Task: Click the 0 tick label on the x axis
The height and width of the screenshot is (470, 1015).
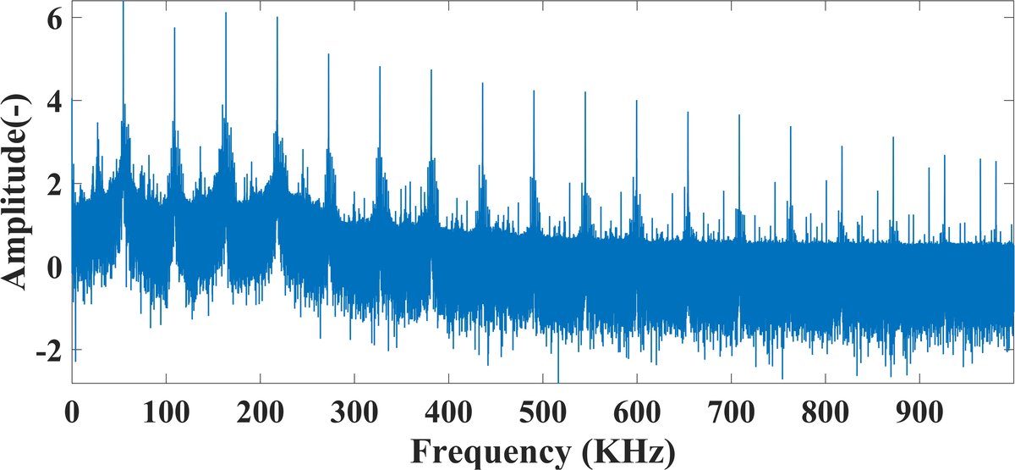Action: click(x=73, y=412)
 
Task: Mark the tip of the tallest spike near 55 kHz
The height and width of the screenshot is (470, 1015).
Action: click(x=123, y=3)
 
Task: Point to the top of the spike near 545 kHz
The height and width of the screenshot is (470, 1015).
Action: click(x=584, y=92)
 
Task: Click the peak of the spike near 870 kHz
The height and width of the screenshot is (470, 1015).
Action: click(x=892, y=137)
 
